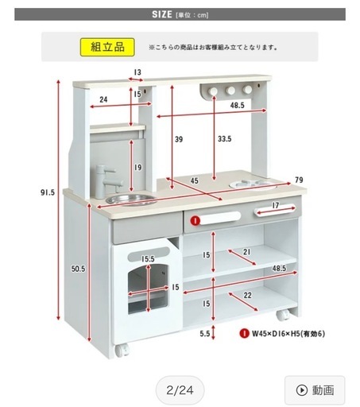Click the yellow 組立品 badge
pyautogui.click(x=107, y=47)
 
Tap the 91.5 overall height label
pyautogui.click(x=48, y=192)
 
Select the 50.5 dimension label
pyautogui.click(x=78, y=269)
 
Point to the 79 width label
pyautogui.click(x=299, y=180)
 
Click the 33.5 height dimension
pyautogui.click(x=224, y=139)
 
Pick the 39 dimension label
pyautogui.click(x=179, y=139)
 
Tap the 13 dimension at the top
pyautogui.click(x=137, y=72)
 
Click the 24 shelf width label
pyautogui.click(x=103, y=99)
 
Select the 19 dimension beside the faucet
pyautogui.click(x=137, y=168)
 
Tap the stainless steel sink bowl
pyautogui.click(x=131, y=200)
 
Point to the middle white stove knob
pyautogui.click(x=230, y=91)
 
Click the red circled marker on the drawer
pyautogui.click(x=195, y=220)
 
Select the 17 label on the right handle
pyautogui.click(x=276, y=205)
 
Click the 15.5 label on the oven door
pyautogui.click(x=148, y=259)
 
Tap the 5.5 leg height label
pyautogui.click(x=205, y=334)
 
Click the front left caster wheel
pyautogui.click(x=122, y=351)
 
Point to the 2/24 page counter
pyautogui.click(x=180, y=390)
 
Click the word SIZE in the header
pyautogui.click(x=162, y=14)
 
